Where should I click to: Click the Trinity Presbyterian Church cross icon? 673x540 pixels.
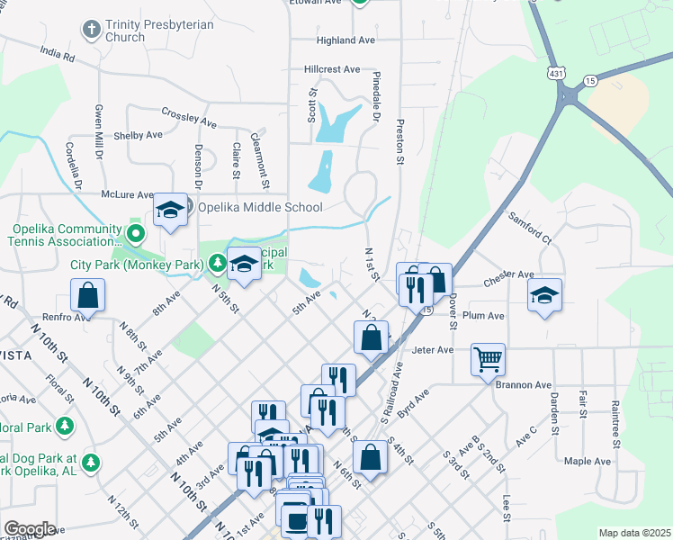coord(90,30)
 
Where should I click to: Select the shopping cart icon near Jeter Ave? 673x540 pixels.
coord(488,359)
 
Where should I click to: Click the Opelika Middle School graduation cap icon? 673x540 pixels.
coord(169,211)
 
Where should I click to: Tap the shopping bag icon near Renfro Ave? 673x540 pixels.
coord(87,294)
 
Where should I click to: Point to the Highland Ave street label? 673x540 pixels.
coord(345,40)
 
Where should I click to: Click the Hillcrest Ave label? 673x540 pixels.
coord(332,69)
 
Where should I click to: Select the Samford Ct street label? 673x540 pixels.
coord(529,229)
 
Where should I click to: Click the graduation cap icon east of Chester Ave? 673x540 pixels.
coord(544,295)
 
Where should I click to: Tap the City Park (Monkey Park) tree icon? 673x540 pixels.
coord(217,264)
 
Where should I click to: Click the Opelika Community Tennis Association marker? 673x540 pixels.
coord(136,235)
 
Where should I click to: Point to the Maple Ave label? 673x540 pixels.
coord(587,462)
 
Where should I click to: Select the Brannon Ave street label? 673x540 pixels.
coord(523,384)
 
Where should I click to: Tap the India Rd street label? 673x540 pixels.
coord(57,56)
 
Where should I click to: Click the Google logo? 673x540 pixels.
coord(30,528)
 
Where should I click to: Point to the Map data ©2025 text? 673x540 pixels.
coord(634,533)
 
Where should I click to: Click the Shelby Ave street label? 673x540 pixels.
coord(138,135)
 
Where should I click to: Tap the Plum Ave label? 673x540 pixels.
coord(483,316)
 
